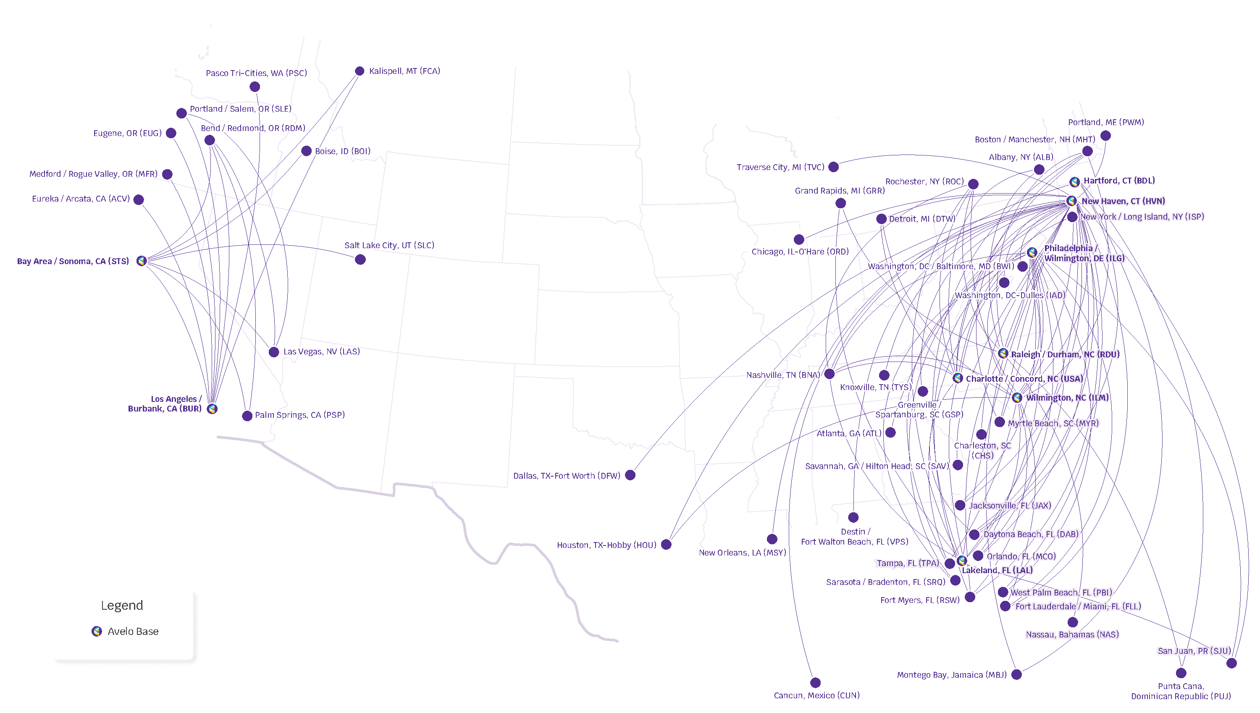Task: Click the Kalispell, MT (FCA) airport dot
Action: [360, 71]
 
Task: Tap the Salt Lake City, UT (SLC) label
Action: [389, 245]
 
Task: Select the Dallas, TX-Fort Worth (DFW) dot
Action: [630, 475]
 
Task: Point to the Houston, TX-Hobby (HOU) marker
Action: [666, 545]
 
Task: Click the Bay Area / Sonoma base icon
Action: [142, 260]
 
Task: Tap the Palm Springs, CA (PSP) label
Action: [300, 415]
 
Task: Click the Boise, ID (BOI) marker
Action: [306, 151]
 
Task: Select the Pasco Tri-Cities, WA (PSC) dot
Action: [255, 87]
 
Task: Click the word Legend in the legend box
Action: [122, 605]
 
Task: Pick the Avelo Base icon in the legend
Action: [97, 631]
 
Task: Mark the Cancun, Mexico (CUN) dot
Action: [815, 683]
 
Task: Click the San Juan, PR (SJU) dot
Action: [1231, 663]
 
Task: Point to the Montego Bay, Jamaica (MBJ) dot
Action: [1017, 674]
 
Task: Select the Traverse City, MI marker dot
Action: [833, 167]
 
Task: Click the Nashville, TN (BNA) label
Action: [782, 375]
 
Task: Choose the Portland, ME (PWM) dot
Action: [1106, 135]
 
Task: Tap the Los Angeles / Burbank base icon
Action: [212, 409]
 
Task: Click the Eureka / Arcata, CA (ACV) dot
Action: [139, 199]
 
